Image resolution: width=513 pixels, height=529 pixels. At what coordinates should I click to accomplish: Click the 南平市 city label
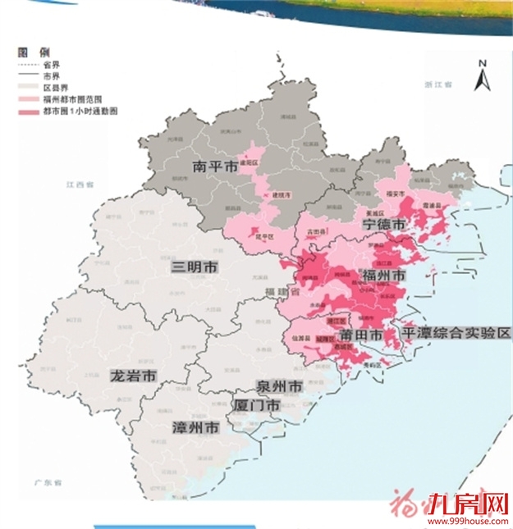coord(215,166)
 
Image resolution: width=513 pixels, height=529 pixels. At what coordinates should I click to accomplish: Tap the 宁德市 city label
coord(384,224)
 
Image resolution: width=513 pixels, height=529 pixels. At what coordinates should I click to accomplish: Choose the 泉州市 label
coord(280,386)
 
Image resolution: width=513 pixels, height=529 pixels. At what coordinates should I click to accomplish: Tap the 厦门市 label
coord(257,405)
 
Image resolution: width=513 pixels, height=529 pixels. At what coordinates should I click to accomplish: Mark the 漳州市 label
coord(195,428)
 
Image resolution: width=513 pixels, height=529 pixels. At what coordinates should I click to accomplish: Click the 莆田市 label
coord(361,335)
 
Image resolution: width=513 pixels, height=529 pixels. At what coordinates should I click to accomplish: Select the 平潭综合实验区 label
coord(456,333)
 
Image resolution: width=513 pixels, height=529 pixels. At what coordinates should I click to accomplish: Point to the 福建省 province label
coord(277,292)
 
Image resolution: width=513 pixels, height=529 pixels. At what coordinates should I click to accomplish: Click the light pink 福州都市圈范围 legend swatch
coord(29,96)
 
